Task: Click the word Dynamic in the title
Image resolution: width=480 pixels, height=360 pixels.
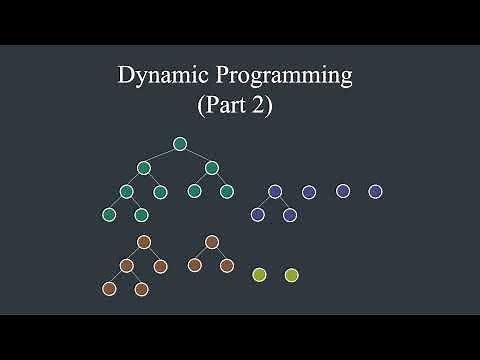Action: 155,75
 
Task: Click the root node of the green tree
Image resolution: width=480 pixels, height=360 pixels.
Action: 180,144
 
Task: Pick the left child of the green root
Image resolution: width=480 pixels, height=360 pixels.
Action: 144,167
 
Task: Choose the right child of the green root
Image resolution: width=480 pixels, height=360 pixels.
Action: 211,167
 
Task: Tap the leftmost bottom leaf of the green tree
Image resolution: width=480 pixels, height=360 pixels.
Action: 109,214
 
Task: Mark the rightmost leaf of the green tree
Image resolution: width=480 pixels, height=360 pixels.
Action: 227,191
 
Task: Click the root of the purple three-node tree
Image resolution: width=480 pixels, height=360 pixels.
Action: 275,191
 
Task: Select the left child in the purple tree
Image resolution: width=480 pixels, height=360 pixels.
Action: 257,214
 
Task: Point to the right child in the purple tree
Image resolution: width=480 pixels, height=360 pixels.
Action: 290,214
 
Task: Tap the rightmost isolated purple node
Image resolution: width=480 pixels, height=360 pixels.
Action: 375,191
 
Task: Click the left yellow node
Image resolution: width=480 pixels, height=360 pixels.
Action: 259,274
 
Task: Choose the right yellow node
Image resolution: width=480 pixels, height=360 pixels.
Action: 291,274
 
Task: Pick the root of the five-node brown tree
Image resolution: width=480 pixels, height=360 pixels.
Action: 144,242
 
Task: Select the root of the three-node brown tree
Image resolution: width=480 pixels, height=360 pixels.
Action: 211,242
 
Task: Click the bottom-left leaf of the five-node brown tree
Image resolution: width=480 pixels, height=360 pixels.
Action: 109,289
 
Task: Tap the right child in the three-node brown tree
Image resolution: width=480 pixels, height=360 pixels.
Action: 227,265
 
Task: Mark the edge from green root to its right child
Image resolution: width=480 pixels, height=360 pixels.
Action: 196,155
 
